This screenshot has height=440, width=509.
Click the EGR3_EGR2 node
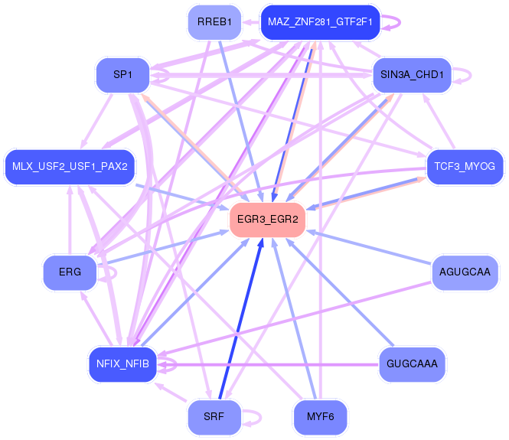coord(268,220)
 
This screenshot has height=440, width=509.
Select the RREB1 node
coord(215,22)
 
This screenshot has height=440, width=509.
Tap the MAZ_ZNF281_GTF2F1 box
coord(320,22)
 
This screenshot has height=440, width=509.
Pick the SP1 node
coord(122,75)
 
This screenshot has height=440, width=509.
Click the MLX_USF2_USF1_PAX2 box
coord(70,166)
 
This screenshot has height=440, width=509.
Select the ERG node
coord(69,272)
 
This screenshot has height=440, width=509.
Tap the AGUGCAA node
coord(465,271)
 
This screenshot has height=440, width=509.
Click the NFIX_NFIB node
coord(122,363)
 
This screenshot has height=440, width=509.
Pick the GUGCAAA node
coord(412,363)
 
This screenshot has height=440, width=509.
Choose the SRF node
coord(215,417)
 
